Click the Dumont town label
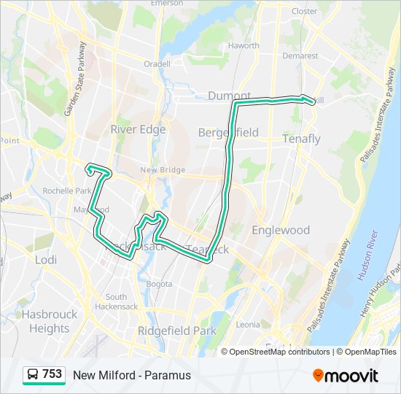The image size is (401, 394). tap(229, 96)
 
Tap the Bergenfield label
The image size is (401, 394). tap(228, 132)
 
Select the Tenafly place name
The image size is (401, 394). tap(301, 139)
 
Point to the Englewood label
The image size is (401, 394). tap(281, 230)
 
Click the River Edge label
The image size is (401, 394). tap(138, 129)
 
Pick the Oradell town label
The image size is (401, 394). tap(157, 63)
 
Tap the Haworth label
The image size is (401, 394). tap(244, 45)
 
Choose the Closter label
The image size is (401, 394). tap(304, 11)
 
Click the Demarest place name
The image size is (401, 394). tap(300, 55)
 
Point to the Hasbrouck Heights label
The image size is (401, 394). tap(49, 321)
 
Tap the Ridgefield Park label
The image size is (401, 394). tap(177, 331)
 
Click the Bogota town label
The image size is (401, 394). tap(160, 283)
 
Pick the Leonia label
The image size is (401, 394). tap(248, 324)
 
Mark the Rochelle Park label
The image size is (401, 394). tap(66, 191)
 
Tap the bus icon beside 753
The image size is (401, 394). tap(33, 375)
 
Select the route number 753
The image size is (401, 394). tap(52, 374)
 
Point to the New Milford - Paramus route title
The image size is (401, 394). tap(132, 375)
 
